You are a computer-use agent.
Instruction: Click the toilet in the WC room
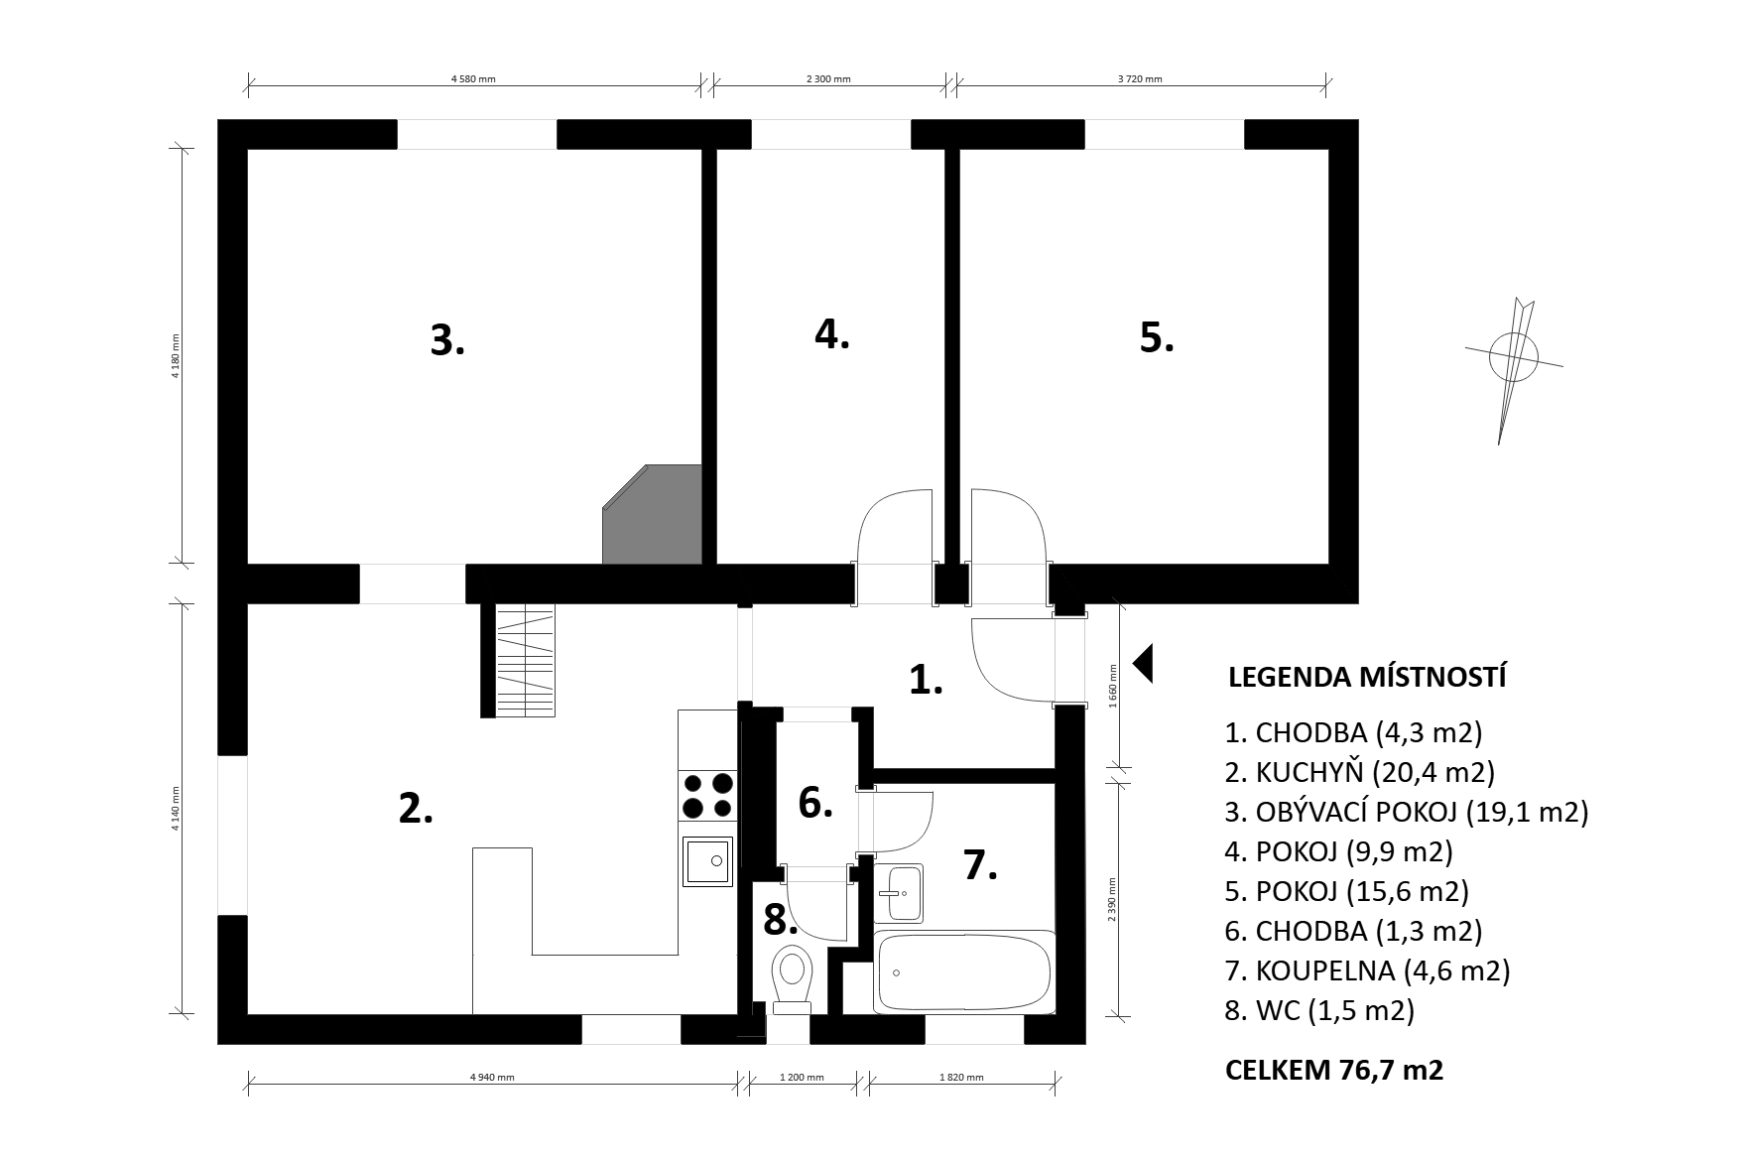point(792,978)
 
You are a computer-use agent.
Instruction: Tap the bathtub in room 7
point(963,972)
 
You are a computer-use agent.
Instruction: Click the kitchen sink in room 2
point(707,860)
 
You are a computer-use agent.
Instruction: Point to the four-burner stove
point(707,795)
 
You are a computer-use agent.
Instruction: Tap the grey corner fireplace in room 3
point(652,514)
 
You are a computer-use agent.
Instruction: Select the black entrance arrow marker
point(1143,663)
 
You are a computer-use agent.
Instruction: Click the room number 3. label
point(447,340)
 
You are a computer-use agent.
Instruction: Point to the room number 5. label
point(1156,337)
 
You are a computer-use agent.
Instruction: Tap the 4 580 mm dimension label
point(473,78)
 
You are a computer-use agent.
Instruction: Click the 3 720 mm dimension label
point(1140,78)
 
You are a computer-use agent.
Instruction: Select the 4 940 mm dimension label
point(492,1077)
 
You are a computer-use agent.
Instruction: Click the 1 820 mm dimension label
point(961,1077)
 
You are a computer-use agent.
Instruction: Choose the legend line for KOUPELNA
point(1367,969)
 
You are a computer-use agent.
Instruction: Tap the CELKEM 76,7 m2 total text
point(1334,1071)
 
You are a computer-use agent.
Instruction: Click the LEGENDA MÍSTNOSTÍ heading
point(1367,678)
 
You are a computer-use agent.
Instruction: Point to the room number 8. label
point(781,921)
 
